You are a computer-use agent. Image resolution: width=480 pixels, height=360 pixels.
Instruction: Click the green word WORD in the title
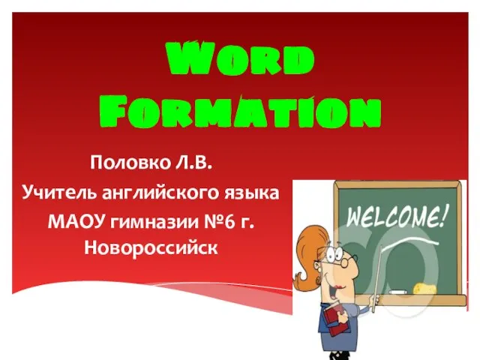(240, 58)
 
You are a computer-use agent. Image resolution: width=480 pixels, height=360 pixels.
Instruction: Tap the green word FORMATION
(240, 111)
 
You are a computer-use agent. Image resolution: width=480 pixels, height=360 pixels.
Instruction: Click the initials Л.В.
(193, 163)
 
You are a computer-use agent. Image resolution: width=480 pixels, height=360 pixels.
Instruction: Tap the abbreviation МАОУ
(76, 221)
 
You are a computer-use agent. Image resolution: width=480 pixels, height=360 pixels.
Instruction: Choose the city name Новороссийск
(151, 247)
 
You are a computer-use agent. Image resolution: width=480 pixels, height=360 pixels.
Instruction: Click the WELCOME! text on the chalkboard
(397, 217)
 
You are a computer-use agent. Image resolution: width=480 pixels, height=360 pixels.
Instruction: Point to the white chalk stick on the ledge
(397, 292)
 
